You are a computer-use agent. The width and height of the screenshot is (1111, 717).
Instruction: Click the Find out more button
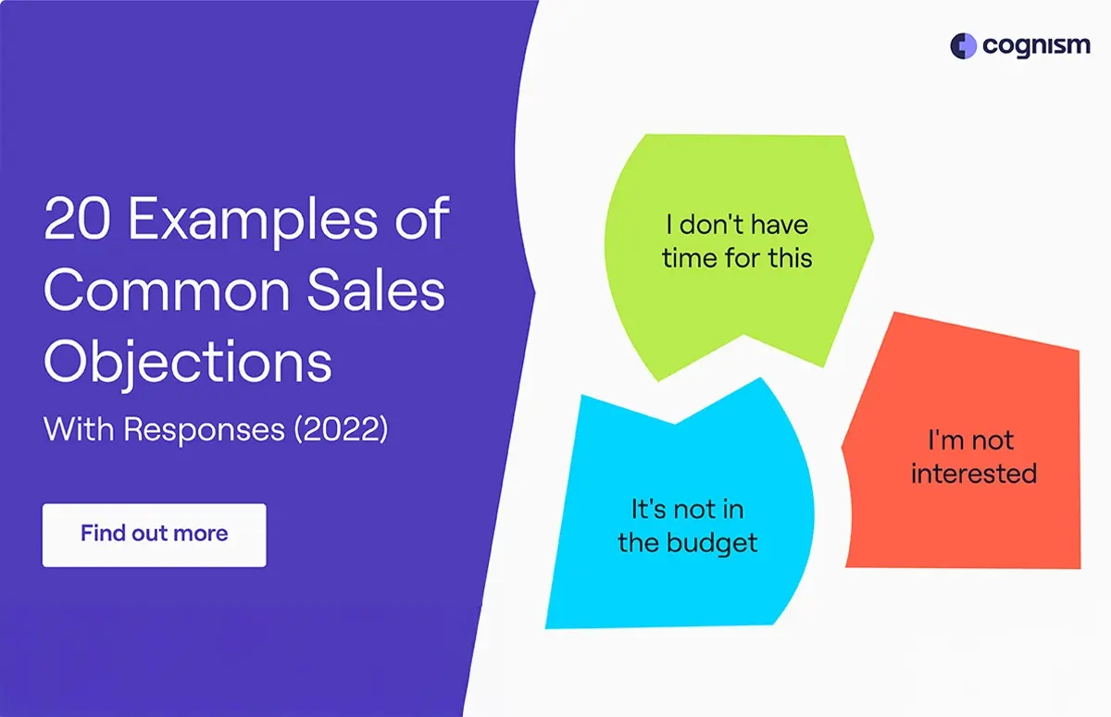tap(155, 535)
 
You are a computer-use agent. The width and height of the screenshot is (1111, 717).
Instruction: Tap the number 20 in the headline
tap(78, 218)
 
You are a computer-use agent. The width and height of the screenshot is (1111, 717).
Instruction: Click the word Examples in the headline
tap(253, 221)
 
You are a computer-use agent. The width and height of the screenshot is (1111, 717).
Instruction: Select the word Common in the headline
tap(168, 291)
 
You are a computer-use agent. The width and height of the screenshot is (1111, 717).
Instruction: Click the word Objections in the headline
tap(188, 363)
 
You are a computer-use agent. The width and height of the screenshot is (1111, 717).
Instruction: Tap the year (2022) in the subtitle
tap(342, 429)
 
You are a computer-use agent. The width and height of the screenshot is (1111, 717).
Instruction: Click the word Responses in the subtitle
tap(205, 430)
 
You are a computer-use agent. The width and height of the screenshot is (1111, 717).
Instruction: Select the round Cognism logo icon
tap(963, 46)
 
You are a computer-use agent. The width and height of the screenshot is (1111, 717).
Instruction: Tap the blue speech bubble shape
tap(680, 511)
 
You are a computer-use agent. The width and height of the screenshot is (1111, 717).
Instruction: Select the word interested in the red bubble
tap(974, 473)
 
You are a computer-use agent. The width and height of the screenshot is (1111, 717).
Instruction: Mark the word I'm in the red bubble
tap(946, 440)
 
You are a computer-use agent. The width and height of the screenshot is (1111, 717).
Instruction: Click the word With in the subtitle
tap(80, 429)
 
